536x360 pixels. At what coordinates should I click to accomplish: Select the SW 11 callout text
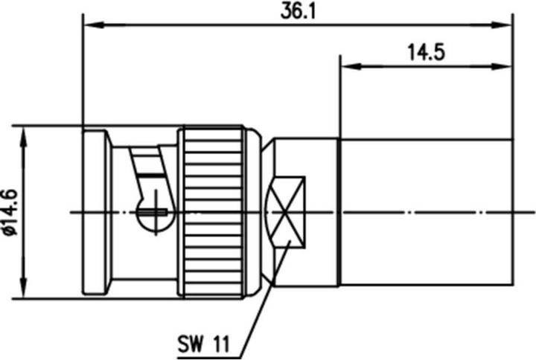(x=202, y=344)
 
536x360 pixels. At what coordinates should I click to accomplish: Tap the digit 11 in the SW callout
(x=218, y=344)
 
